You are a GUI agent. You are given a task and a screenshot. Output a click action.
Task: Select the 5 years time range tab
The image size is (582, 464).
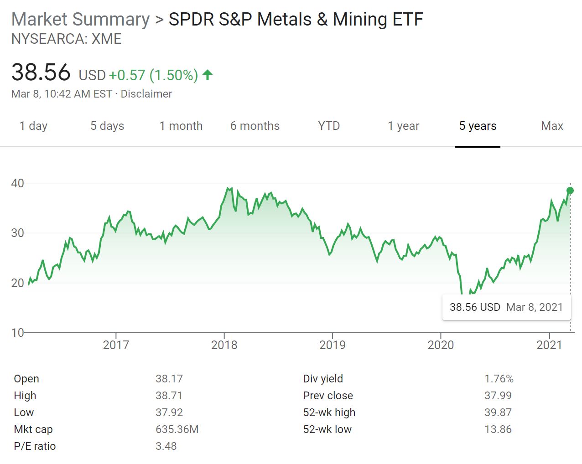tap(478, 126)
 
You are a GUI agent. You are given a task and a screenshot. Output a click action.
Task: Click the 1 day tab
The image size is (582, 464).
tap(33, 126)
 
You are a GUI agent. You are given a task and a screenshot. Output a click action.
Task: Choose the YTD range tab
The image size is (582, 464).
tap(329, 126)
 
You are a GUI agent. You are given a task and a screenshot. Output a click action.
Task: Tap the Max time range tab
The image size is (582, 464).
tap(552, 126)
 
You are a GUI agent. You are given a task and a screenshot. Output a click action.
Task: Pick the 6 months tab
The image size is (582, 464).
tap(255, 126)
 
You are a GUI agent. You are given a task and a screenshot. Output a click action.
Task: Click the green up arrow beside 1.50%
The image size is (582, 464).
tap(208, 75)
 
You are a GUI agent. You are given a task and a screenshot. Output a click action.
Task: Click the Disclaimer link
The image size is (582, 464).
tap(146, 94)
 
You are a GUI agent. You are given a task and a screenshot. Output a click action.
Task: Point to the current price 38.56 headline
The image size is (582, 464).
tap(41, 72)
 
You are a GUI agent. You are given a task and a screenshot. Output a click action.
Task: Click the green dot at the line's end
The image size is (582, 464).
tap(570, 191)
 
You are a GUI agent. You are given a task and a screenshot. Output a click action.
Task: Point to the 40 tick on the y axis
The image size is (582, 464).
tap(17, 183)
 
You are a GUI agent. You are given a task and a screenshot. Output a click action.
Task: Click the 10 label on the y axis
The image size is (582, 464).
tap(17, 333)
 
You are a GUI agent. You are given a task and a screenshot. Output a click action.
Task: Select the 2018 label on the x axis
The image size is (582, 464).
tap(224, 345)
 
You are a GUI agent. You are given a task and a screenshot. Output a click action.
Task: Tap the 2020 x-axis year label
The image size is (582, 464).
tap(441, 345)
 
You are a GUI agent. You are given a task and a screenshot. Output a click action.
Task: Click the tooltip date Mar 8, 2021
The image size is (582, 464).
tap(535, 307)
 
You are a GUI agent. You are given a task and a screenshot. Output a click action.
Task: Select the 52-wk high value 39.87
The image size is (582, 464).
tap(498, 412)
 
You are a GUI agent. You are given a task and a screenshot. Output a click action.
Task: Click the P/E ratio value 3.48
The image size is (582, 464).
tap(166, 446)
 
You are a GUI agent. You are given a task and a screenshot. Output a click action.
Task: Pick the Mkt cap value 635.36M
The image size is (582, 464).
tap(177, 429)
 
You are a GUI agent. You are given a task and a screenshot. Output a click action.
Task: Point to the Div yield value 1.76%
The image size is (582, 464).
tap(499, 379)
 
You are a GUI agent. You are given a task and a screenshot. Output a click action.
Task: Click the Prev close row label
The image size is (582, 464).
tap(327, 396)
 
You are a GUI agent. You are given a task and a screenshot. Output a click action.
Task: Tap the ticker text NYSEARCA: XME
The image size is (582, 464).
tap(67, 39)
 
